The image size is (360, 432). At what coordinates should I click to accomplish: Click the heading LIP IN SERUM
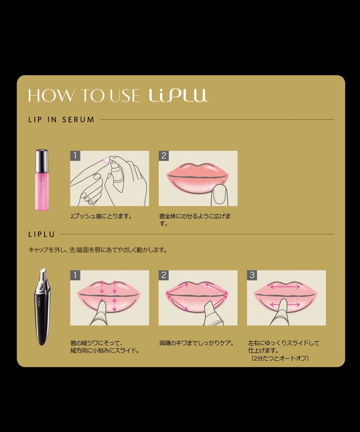pyautogui.click(x=61, y=120)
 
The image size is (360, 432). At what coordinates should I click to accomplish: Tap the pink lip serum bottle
pyautogui.click(x=42, y=180)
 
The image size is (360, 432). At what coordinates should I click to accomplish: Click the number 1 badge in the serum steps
pyautogui.click(x=75, y=156)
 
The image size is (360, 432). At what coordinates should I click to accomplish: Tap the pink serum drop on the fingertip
pyautogui.click(x=106, y=161)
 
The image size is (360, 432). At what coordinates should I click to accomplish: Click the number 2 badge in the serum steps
pyautogui.click(x=164, y=156)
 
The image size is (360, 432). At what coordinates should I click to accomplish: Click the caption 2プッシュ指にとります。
pyautogui.click(x=101, y=216)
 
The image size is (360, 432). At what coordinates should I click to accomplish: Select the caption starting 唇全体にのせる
pyautogui.click(x=195, y=220)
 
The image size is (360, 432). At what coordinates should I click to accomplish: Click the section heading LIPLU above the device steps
pyautogui.click(x=41, y=234)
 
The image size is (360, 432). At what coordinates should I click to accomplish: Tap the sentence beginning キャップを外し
pyautogui.click(x=98, y=250)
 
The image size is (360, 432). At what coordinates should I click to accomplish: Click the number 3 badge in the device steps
pyautogui.click(x=252, y=275)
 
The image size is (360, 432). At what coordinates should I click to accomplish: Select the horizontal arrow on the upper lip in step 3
pyautogui.click(x=285, y=286)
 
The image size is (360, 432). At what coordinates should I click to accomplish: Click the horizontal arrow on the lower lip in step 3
pyautogui.click(x=285, y=305)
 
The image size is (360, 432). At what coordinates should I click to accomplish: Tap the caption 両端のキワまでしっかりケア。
pyautogui.click(x=196, y=343)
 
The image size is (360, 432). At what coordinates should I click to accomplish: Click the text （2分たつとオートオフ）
pyautogui.click(x=280, y=358)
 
